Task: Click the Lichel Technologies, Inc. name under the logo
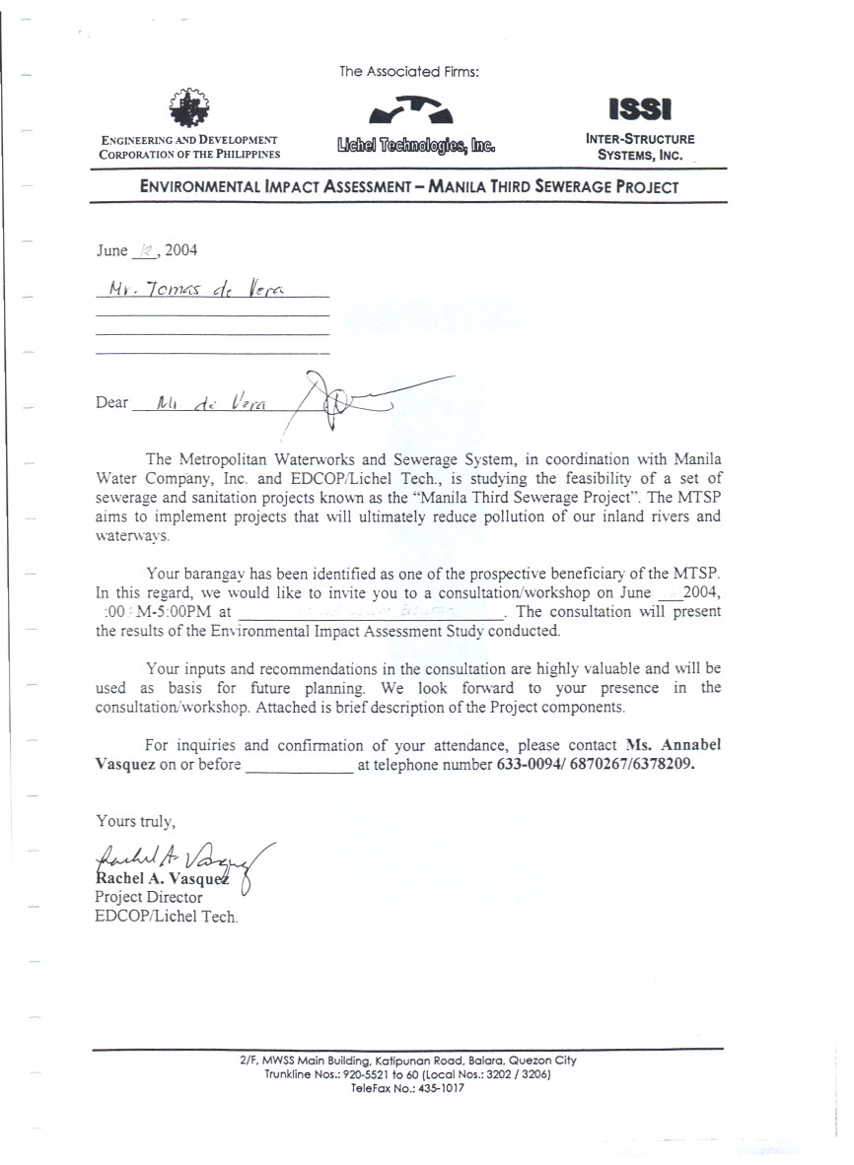pyautogui.click(x=415, y=147)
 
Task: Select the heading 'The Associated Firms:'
pyautogui.click(x=409, y=72)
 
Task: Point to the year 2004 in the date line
pyautogui.click(x=180, y=250)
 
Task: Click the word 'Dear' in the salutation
pyautogui.click(x=111, y=402)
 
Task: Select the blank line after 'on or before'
pyautogui.click(x=298, y=765)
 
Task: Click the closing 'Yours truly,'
pyautogui.click(x=134, y=820)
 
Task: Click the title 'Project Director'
pyautogui.click(x=148, y=897)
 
